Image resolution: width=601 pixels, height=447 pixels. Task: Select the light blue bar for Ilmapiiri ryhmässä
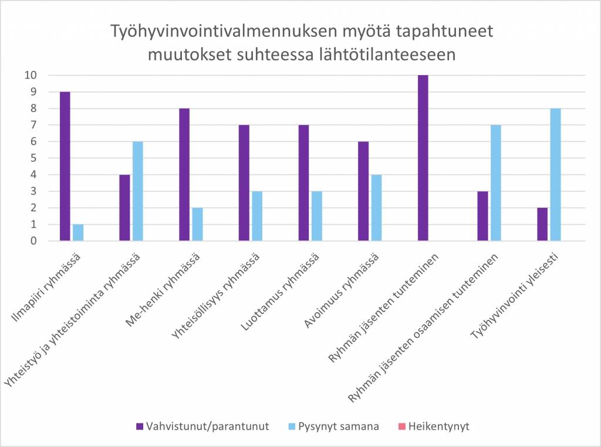(79, 232)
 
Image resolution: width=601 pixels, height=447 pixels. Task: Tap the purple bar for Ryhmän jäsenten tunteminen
(423, 158)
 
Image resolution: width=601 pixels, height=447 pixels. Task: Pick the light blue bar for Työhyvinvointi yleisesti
(555, 174)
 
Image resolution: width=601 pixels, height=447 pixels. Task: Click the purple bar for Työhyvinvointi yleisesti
(542, 224)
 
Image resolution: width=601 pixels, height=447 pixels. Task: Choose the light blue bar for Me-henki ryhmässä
(198, 224)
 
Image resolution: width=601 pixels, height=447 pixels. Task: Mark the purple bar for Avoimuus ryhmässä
(363, 191)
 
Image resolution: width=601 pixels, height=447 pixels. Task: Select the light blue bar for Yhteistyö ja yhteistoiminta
(139, 191)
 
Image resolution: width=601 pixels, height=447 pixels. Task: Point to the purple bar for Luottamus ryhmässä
(303, 183)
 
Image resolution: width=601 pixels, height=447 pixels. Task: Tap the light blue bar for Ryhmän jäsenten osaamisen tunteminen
(496, 183)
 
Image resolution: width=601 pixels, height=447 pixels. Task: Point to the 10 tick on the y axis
(29, 75)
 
